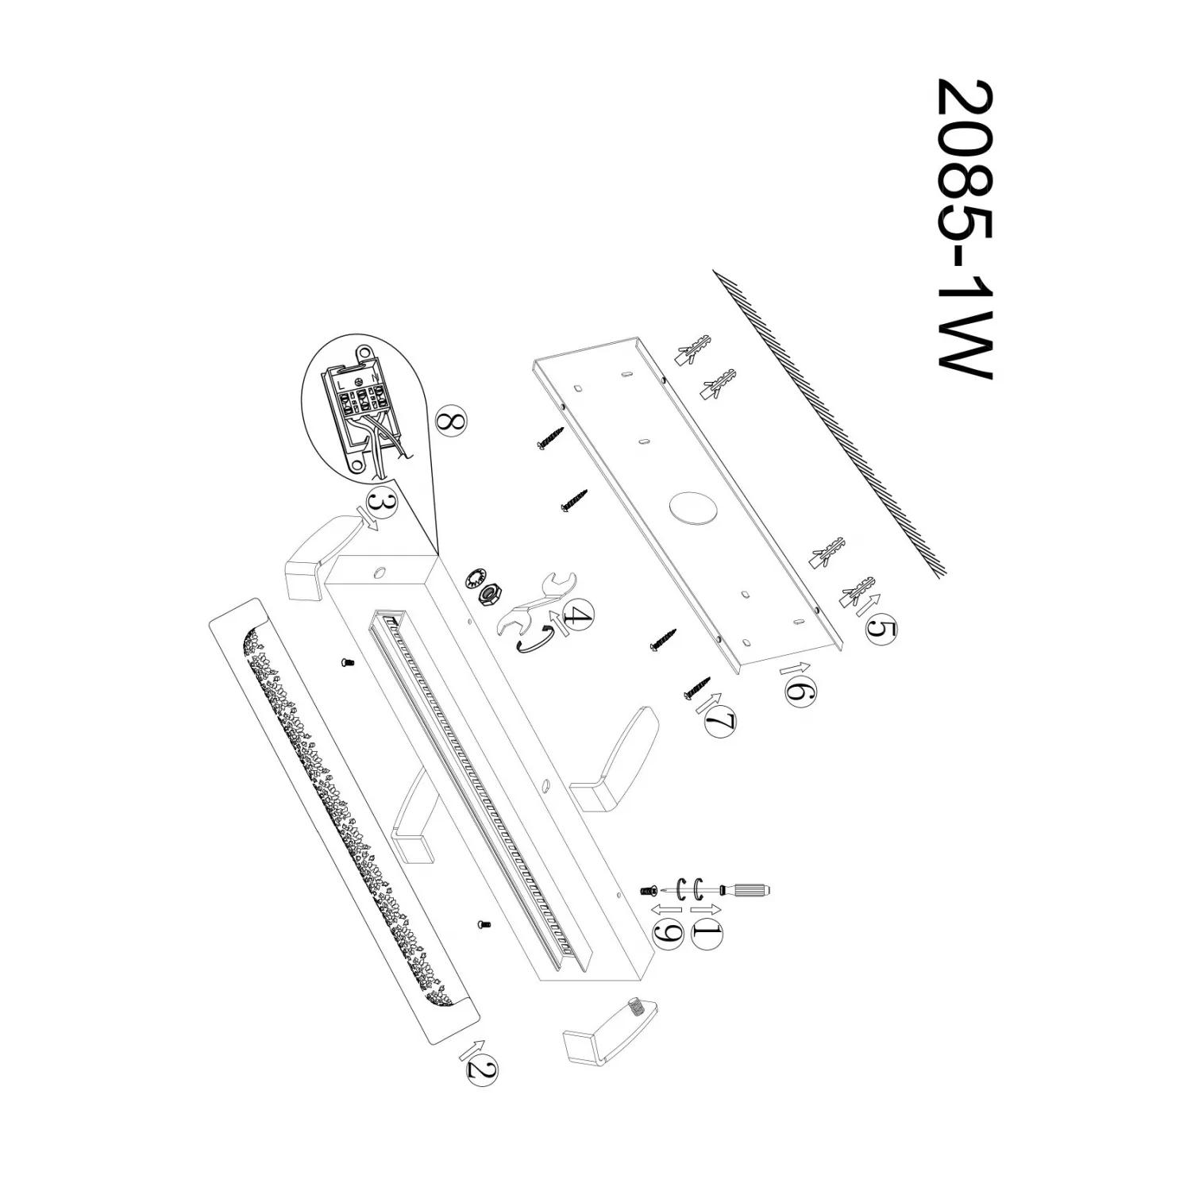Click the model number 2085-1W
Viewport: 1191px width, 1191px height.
pyautogui.click(x=965, y=229)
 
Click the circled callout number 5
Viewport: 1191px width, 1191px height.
pyautogui.click(x=880, y=630)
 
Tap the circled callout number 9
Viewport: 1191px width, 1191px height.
pyautogui.click(x=669, y=933)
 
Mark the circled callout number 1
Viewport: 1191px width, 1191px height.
pyautogui.click(x=707, y=933)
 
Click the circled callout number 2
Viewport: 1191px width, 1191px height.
pyautogui.click(x=482, y=1071)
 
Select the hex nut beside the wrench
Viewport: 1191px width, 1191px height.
pyautogui.click(x=490, y=594)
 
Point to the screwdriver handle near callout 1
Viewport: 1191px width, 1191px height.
pyautogui.click(x=751, y=889)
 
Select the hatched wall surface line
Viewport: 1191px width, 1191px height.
pyautogui.click(x=830, y=421)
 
